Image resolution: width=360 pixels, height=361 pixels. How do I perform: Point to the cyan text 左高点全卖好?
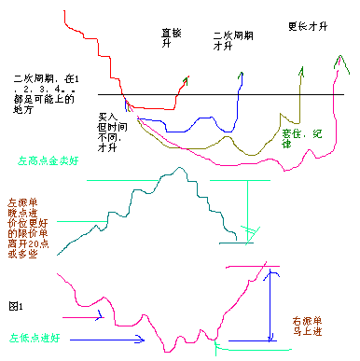tap(49, 160)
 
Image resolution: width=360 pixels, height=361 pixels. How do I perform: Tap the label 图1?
tap(15, 305)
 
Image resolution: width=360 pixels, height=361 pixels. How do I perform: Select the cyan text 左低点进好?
tap(35, 338)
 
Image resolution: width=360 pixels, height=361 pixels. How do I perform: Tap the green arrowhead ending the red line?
tap(186, 80)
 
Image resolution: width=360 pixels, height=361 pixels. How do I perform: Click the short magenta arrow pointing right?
tap(90, 317)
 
